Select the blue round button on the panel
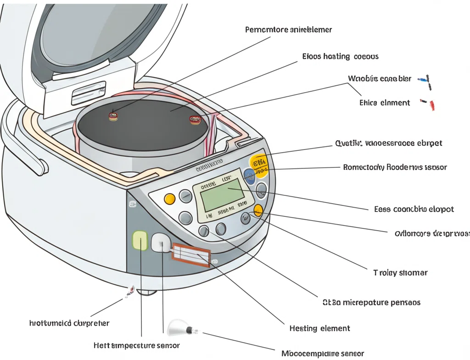click(x=250, y=176)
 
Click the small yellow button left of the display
click(x=169, y=199)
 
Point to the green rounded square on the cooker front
click(x=140, y=241)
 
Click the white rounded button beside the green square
click(x=160, y=242)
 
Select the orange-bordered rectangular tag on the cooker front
click(x=191, y=255)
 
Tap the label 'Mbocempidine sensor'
click(x=322, y=354)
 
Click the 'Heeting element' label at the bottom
click(x=319, y=328)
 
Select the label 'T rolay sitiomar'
click(x=400, y=272)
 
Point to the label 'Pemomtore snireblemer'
click(x=288, y=30)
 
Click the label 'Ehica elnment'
click(x=385, y=103)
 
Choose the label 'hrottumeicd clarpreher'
click(x=69, y=323)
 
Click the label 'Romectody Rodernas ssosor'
click(x=395, y=167)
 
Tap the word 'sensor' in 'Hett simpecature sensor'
click(x=168, y=345)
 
